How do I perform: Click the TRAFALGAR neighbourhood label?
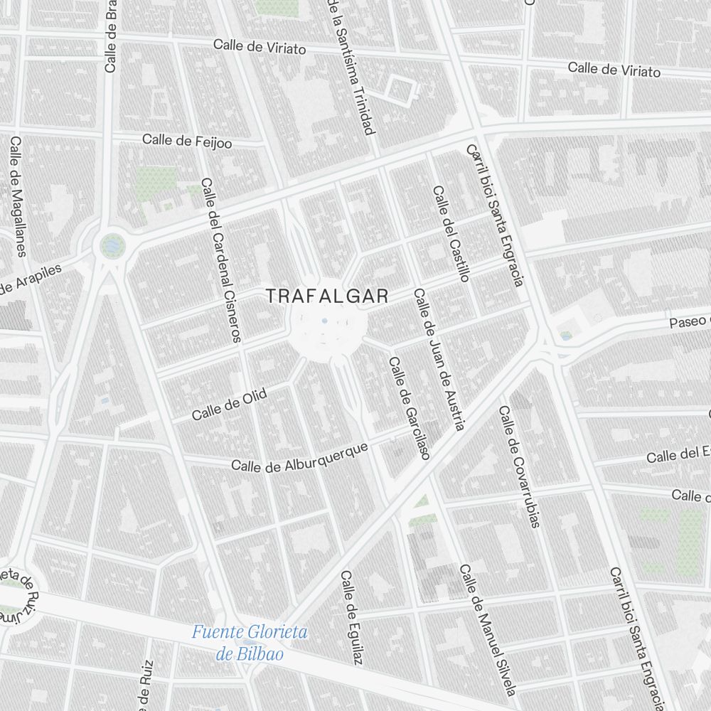click(327, 296)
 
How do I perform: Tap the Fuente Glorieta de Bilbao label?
click(250, 643)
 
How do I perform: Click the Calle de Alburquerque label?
click(300, 456)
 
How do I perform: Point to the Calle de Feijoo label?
click(187, 141)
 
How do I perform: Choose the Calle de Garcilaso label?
click(409, 407)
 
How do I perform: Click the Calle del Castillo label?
click(451, 234)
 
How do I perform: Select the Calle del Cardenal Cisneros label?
click(222, 260)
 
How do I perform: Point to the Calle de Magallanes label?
click(18, 196)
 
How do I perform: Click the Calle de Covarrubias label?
click(519, 466)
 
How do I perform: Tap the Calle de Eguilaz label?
click(351, 619)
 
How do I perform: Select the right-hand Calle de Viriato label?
click(614, 70)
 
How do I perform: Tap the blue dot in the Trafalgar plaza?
click(325, 321)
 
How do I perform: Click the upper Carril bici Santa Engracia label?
click(496, 215)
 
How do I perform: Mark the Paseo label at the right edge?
click(688, 322)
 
